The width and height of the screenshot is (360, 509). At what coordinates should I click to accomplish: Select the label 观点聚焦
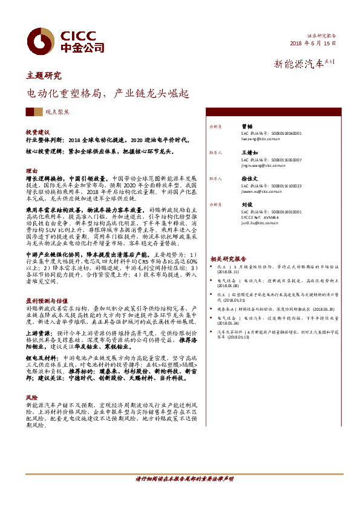click(57, 112)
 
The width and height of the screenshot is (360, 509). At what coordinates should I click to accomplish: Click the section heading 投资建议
click(37, 131)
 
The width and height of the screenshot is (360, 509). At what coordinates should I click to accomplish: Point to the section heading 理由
click(31, 171)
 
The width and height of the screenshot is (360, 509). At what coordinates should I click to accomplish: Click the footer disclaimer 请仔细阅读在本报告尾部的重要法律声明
click(185, 496)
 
